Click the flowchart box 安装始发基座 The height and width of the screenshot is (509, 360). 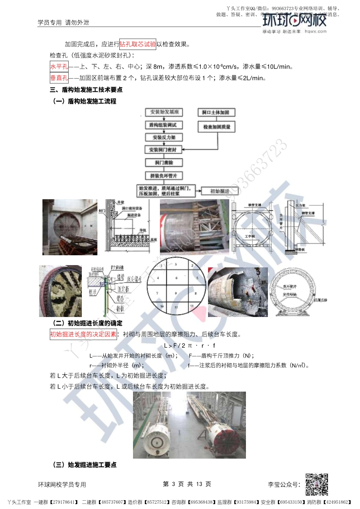164,112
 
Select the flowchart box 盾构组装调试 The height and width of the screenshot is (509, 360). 163,125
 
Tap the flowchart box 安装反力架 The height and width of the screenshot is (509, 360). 164,137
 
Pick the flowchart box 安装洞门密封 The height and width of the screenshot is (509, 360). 163,150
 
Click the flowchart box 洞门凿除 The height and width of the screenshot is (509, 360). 164,162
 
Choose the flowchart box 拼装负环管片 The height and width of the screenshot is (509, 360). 164,176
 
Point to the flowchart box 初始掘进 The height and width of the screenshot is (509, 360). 220,191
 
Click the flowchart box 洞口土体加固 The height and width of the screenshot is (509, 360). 216,112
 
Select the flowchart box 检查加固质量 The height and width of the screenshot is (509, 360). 217,126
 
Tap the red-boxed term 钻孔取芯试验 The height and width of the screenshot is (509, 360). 138,44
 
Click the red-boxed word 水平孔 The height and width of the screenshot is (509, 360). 59,67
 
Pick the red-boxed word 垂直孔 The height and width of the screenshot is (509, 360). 59,78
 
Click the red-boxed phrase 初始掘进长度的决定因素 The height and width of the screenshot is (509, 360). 83,334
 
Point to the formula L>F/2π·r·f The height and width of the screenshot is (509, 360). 189,345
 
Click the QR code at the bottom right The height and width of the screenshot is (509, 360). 317,484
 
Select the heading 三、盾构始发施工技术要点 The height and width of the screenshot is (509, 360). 86,90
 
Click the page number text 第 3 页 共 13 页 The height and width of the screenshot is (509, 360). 187,484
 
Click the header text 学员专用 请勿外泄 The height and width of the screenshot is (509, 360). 63,23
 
